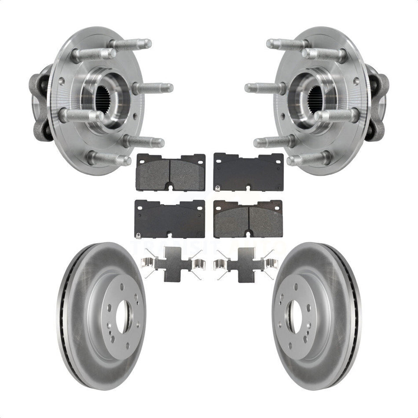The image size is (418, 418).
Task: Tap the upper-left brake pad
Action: click(x=171, y=172)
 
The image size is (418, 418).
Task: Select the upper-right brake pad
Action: click(x=248, y=172)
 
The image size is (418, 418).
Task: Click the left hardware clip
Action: click(x=172, y=264)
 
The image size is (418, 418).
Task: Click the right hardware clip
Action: click(x=246, y=264)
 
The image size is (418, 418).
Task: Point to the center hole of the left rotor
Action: click(x=123, y=316)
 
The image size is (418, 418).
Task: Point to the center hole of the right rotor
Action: click(x=294, y=316)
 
